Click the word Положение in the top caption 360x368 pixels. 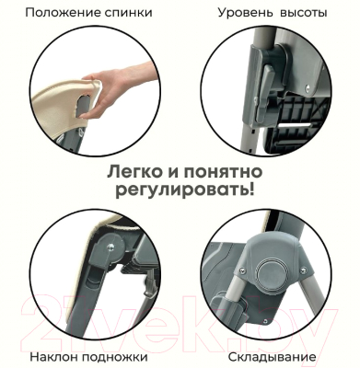click(64, 13)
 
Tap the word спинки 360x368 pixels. click(129, 14)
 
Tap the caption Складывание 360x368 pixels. click(272, 357)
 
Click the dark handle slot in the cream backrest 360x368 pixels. click(83, 106)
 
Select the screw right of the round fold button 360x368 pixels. click(304, 270)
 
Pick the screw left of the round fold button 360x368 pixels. click(242, 270)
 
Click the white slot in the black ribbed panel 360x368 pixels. click(295, 126)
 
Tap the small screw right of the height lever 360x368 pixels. click(308, 87)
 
